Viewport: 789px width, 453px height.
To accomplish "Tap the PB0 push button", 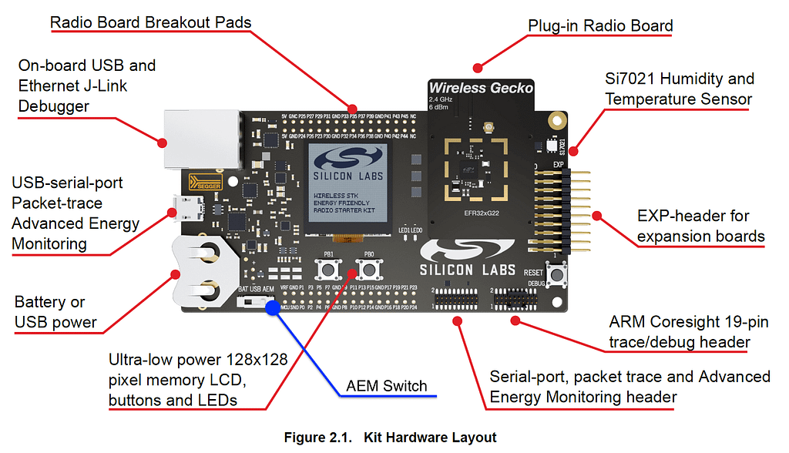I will [x=369, y=270].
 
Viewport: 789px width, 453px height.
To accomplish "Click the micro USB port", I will [x=188, y=209].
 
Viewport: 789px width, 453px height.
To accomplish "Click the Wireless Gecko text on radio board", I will [x=481, y=88].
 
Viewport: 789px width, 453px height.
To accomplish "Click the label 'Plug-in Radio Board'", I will [x=600, y=25].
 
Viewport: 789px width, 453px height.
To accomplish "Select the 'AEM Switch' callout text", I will [x=386, y=386].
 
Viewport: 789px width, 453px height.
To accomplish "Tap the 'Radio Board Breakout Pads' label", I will [x=150, y=22].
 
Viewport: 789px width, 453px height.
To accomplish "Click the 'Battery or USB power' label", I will [x=55, y=312].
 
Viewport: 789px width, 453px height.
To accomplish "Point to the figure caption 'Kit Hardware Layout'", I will [x=390, y=438].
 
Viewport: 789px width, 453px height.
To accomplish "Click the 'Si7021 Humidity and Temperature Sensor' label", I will [x=679, y=89].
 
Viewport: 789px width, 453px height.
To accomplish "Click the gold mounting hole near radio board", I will [x=556, y=120].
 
